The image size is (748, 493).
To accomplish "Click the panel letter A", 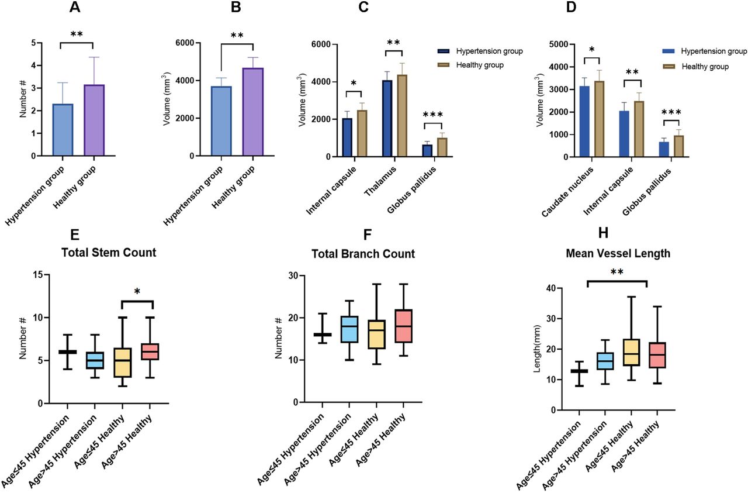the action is click(75, 8).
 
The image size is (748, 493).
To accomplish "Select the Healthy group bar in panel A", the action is click(94, 120).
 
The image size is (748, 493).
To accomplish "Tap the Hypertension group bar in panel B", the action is click(221, 121).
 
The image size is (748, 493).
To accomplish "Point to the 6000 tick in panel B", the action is click(185, 43).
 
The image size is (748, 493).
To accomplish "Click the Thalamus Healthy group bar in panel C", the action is click(401, 116).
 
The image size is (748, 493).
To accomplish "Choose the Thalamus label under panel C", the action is click(380, 181).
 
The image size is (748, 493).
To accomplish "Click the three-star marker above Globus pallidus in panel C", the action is click(433, 115).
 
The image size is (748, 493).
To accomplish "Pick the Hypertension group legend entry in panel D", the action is click(705, 51).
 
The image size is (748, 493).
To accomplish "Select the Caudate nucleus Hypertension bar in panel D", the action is click(584, 121).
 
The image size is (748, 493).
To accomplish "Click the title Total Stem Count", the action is click(109, 253).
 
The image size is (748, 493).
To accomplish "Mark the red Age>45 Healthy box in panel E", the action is click(150, 351).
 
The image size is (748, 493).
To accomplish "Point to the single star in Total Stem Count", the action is click(137, 292).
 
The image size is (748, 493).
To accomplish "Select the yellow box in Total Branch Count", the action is click(377, 335).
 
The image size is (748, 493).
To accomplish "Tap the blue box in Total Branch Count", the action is click(349, 329).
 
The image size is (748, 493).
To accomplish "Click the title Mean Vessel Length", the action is click(618, 253).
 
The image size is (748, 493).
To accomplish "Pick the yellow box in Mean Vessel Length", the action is click(632, 353).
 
